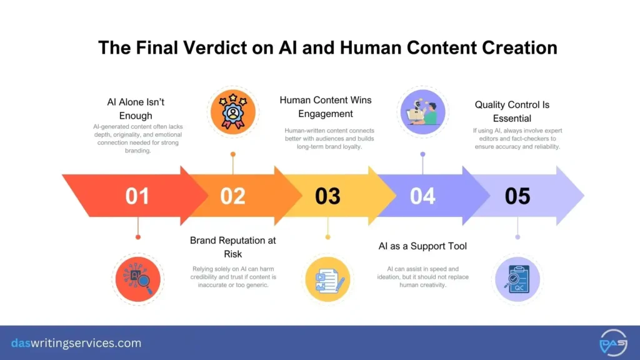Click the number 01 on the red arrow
tap(137, 196)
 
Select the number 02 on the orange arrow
tap(232, 196)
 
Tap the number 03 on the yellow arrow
tap(327, 196)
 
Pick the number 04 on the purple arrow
tap(422, 196)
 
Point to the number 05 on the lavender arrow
tap(517, 196)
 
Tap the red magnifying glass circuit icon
tap(137, 279)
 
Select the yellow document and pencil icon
tap(327, 279)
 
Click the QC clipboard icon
tap(517, 279)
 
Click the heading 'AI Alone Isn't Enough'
tap(136, 109)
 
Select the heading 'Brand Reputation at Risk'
tap(232, 247)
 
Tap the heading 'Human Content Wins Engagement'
tap(325, 107)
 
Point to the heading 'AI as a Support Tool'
tap(422, 246)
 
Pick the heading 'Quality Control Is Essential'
tap(512, 111)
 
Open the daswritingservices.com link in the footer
tap(76, 343)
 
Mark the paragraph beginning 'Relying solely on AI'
tap(233, 276)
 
